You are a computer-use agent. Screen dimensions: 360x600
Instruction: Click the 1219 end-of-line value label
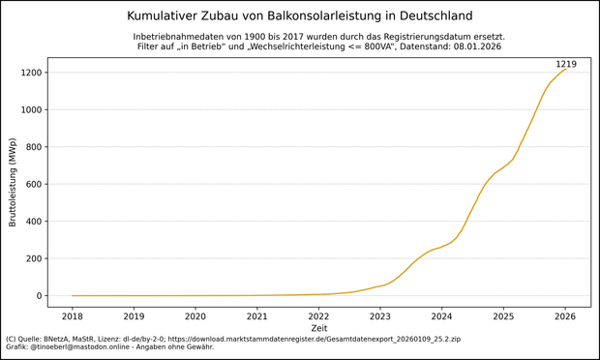(565, 64)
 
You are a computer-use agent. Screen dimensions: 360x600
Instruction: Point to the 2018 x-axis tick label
(73, 315)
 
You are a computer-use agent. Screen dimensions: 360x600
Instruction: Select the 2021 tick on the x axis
(257, 315)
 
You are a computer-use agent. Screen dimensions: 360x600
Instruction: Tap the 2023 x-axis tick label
(380, 315)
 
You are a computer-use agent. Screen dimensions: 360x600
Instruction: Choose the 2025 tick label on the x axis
(503, 315)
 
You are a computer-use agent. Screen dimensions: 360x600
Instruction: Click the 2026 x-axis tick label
(565, 315)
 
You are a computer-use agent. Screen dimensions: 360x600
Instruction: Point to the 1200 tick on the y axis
(30, 73)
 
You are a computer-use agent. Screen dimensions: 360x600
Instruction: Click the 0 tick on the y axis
(40, 296)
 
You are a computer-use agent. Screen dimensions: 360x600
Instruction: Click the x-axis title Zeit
(318, 328)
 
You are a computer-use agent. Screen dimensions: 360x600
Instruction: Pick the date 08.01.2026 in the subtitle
(473, 46)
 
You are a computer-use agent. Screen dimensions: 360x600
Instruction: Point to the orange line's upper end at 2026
(566, 69)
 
